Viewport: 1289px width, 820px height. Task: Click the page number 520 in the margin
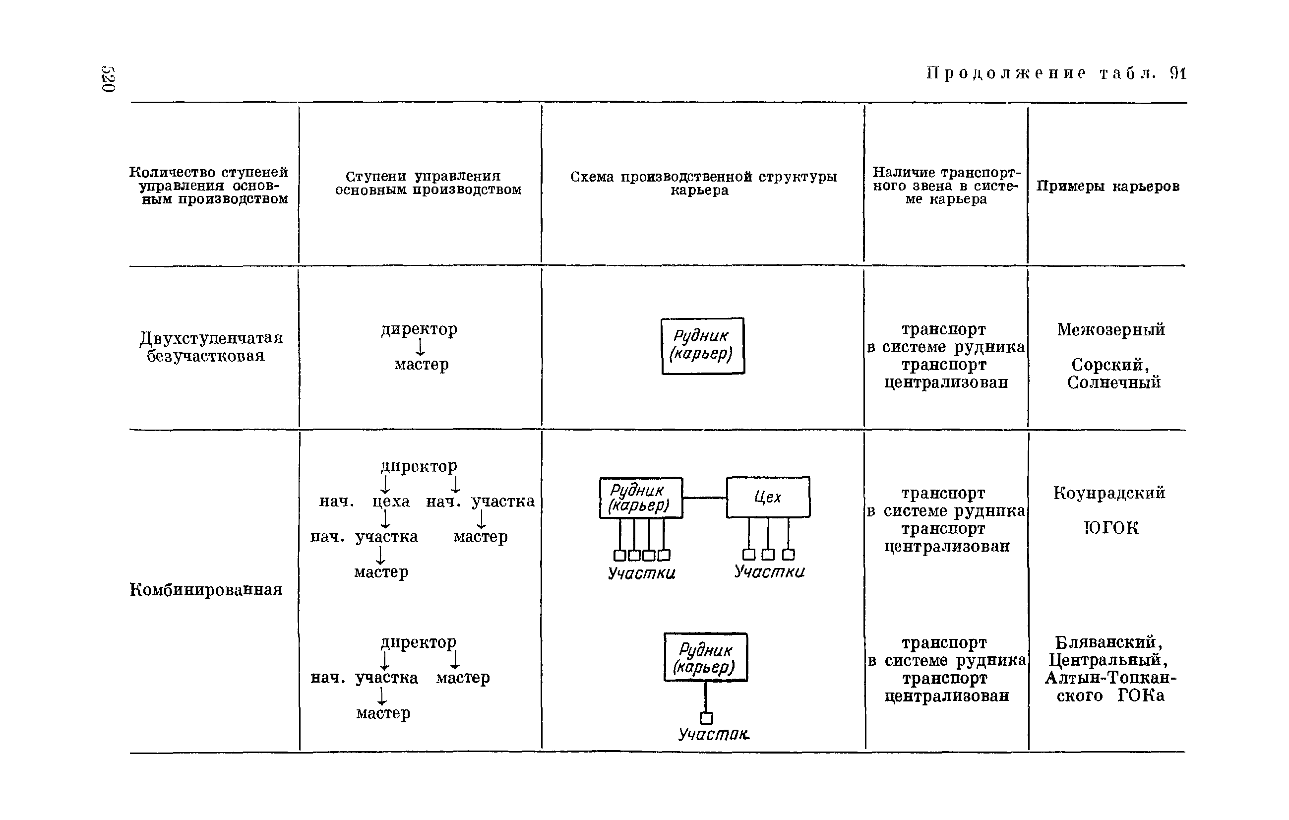[x=108, y=79]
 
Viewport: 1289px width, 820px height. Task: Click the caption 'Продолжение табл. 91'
[x=1056, y=73]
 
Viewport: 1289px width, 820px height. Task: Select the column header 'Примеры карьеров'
[x=1107, y=186]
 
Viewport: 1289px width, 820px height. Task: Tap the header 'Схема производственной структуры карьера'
[x=703, y=183]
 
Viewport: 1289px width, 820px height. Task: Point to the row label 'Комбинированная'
[x=206, y=590]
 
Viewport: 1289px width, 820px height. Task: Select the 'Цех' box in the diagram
[x=768, y=497]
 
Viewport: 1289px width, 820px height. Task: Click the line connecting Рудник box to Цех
[x=704, y=498]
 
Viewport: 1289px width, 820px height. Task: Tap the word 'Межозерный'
[x=1111, y=330]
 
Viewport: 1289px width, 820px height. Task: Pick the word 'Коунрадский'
[x=1109, y=493]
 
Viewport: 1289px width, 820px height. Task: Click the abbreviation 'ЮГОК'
[x=1111, y=528]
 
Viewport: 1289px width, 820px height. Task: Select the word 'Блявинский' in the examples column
[x=1107, y=642]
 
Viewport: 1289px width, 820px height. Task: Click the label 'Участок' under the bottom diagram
[x=713, y=734]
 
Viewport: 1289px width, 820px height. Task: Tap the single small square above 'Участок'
[x=706, y=718]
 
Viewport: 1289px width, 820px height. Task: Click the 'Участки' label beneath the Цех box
[x=769, y=571]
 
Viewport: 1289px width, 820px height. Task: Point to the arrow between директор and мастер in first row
[x=421, y=347]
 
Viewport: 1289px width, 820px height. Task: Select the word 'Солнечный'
[x=1113, y=382]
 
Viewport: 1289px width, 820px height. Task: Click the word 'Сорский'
[x=1109, y=365]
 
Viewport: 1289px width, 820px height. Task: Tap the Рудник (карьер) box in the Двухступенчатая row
[x=703, y=346]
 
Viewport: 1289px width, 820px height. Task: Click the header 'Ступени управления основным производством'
[x=428, y=183]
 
